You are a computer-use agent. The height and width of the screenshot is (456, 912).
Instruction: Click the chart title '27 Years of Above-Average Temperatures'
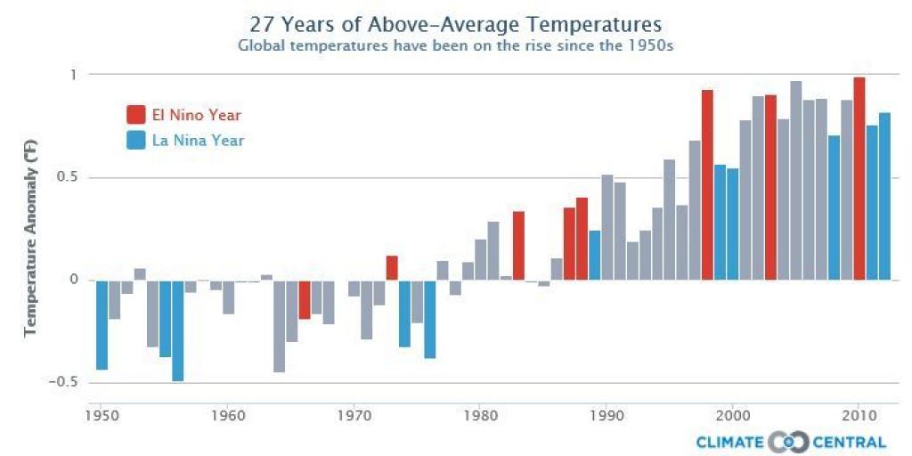point(455,21)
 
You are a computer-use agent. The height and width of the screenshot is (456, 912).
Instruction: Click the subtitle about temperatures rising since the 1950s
point(455,45)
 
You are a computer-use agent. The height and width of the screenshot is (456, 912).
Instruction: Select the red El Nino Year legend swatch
point(136,115)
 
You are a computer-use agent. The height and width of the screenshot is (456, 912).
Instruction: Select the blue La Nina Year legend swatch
point(136,140)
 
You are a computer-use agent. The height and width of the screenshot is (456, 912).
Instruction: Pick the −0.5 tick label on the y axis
point(64,382)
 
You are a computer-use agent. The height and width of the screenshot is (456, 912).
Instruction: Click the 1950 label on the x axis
point(102,415)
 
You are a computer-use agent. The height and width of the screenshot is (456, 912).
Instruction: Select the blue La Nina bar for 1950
point(102,325)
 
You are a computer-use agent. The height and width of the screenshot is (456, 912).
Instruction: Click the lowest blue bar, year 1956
point(178,330)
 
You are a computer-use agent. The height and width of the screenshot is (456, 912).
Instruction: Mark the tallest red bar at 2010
point(859,178)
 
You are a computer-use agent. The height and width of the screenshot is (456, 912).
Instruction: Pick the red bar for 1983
point(518,246)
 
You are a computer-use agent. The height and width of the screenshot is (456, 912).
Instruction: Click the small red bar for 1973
point(392,268)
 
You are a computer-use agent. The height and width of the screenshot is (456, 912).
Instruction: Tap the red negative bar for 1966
point(304,299)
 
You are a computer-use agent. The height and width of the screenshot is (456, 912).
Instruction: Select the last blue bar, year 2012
point(884,196)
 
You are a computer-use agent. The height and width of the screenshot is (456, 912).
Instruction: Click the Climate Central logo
point(791,442)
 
